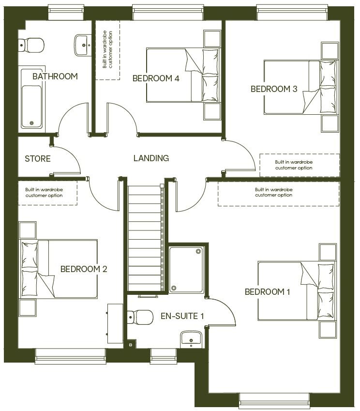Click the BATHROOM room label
click(55, 76)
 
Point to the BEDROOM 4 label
click(156, 78)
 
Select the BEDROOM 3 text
click(273, 89)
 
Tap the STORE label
click(38, 159)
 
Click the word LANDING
click(151, 158)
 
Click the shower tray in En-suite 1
click(186, 269)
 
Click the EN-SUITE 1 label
click(182, 316)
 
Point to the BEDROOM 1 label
click(268, 292)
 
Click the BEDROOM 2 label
click(84, 269)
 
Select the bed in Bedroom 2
click(58, 269)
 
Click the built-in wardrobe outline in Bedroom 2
click(47, 193)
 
